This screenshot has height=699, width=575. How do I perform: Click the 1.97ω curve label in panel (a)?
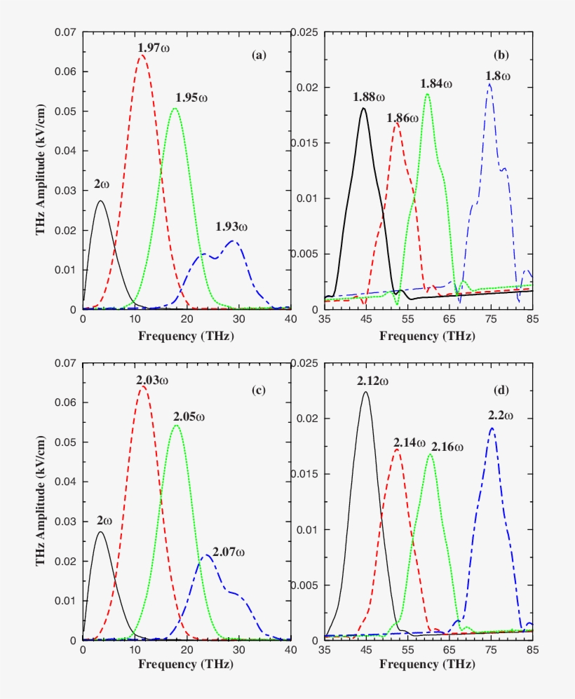tap(154, 46)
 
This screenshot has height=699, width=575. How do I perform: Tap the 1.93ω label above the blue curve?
tap(232, 226)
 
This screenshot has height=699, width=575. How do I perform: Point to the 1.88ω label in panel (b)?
tap(370, 97)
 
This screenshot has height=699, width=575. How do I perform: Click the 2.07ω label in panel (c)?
tap(229, 553)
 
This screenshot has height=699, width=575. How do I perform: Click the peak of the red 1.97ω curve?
tap(142, 55)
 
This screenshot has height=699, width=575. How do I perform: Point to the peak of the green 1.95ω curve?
tap(175, 109)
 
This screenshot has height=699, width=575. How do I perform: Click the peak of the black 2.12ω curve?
tap(365, 392)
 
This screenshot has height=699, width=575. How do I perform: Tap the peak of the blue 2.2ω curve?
tap(492, 428)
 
